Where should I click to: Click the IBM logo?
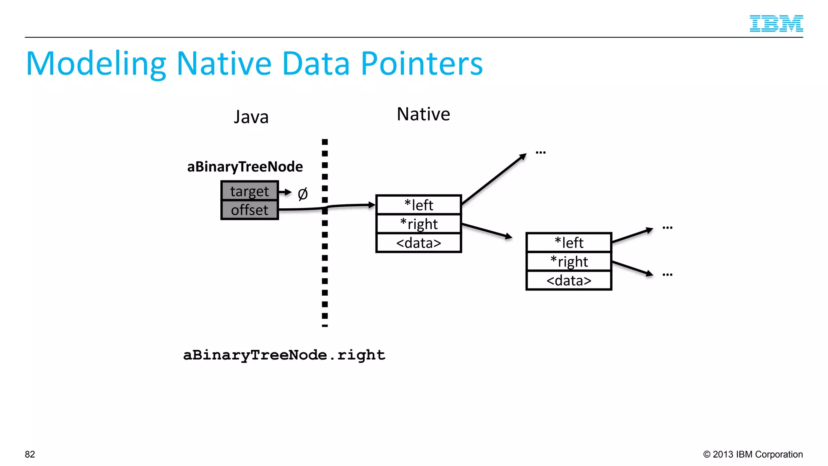(776, 23)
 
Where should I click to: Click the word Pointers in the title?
(422, 64)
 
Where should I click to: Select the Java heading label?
(251, 117)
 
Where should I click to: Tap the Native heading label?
(423, 114)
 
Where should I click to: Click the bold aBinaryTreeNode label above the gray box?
(245, 167)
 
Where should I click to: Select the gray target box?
(249, 191)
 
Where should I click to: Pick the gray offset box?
(249, 210)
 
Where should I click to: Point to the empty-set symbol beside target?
(302, 194)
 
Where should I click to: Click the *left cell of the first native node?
(418, 205)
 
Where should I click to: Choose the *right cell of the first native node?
(418, 224)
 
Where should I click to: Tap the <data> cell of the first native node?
(418, 243)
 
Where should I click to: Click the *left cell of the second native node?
(569, 243)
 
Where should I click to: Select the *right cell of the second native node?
(569, 261)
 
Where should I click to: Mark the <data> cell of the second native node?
(569, 280)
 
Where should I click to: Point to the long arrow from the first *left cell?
(494, 179)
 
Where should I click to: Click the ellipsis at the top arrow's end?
(541, 153)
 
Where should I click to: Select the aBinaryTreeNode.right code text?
(284, 355)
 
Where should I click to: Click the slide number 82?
(30, 454)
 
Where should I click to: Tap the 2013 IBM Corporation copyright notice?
(753, 454)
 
